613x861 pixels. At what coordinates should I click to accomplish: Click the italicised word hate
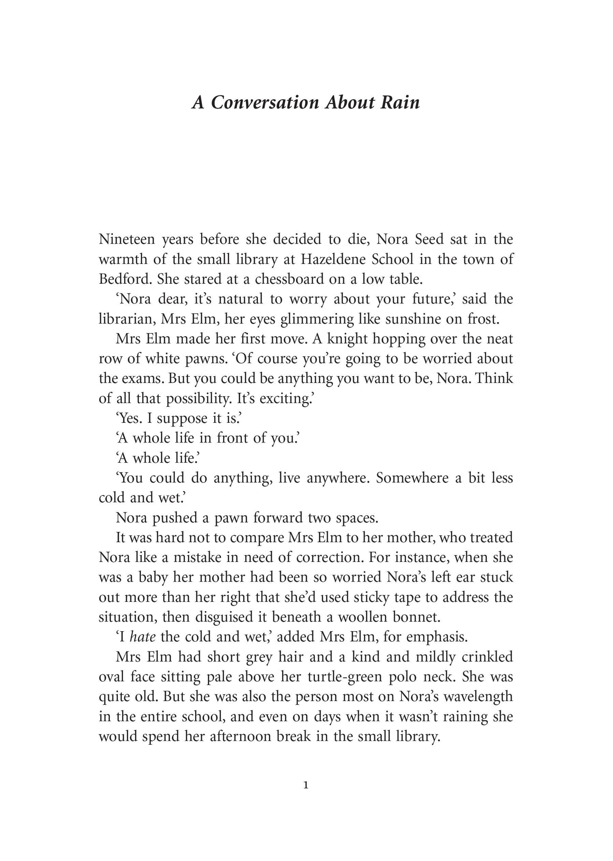[142, 637]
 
